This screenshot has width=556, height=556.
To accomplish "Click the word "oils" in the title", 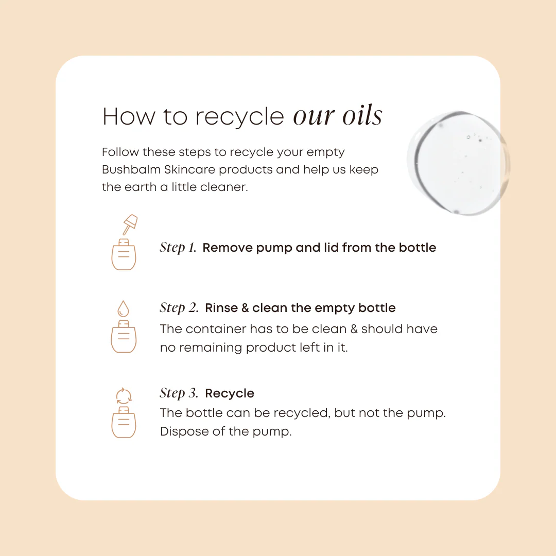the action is point(362,116).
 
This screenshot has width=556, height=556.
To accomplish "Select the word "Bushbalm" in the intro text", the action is point(131,169).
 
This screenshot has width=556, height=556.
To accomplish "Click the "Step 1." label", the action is point(178,248).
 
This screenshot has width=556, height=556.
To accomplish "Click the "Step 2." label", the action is point(179,308).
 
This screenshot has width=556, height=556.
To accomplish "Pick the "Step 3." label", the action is point(179,393).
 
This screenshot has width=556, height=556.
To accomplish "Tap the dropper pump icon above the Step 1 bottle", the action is point(130,224).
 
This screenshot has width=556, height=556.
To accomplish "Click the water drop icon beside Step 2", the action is point(123,308).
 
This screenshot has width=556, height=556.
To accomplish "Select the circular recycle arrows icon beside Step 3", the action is point(124,396).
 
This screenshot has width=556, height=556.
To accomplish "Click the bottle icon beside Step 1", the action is point(124,255).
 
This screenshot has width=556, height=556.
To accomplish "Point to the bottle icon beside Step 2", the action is point(124,337).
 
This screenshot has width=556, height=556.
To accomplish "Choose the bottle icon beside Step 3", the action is point(124,422).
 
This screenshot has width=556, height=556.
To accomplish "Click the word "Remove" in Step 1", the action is point(228,248).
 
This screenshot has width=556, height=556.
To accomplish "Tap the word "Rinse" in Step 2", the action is point(221,308).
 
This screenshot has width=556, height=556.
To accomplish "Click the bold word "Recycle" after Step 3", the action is point(230,393).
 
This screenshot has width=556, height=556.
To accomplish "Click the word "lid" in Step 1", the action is point(332,248).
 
